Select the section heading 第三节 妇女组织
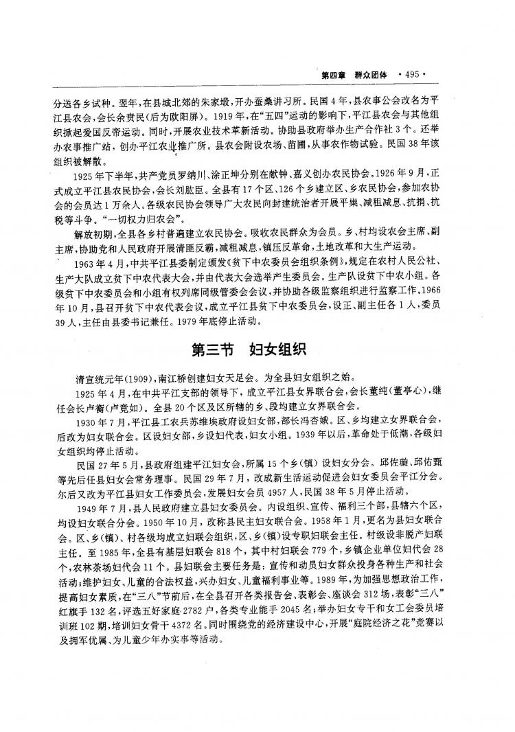(x=257, y=349)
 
